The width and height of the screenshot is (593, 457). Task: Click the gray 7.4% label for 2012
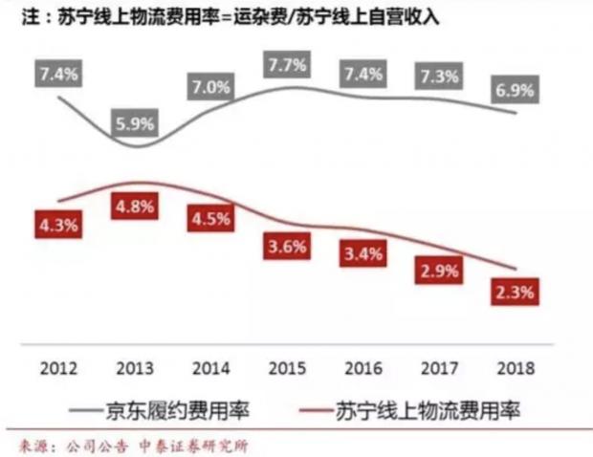[x=60, y=72]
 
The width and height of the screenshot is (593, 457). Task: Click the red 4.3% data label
[x=60, y=227]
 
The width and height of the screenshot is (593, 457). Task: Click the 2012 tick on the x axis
[x=60, y=366]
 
